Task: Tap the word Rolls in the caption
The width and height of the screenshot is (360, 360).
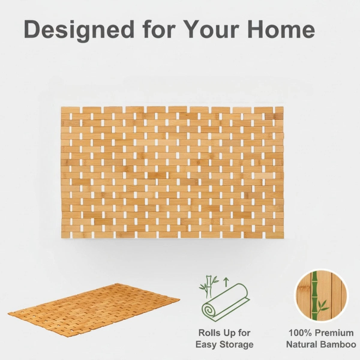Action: (210, 333)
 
